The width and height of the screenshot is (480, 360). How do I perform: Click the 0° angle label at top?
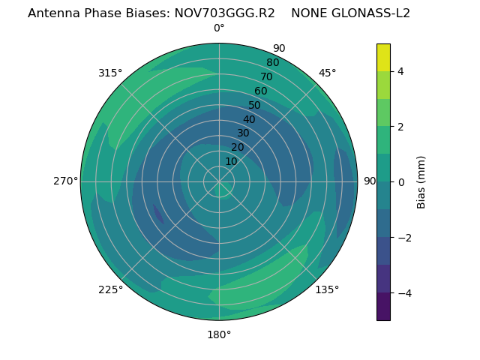pyautogui.click(x=219, y=28)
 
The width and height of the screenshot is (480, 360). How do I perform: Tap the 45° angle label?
pyautogui.click(x=328, y=73)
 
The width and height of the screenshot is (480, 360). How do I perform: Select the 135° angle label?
pyautogui.click(x=327, y=289)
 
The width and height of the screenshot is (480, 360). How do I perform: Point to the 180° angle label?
pyautogui.click(x=219, y=334)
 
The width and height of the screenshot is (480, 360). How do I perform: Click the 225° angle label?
pyautogui.click(x=110, y=289)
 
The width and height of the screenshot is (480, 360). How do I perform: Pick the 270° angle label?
pyautogui.click(x=65, y=181)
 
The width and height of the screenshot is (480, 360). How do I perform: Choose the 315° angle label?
pyautogui.click(x=110, y=73)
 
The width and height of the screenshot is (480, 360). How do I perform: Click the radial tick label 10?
pyautogui.click(x=231, y=161)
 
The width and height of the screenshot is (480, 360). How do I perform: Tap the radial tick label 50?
pyautogui.click(x=255, y=105)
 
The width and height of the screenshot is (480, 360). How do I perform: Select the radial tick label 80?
pyautogui.click(x=272, y=62)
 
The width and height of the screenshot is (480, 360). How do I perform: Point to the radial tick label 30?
pyautogui.click(x=243, y=133)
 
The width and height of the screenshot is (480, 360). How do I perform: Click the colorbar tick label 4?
pyautogui.click(x=401, y=71)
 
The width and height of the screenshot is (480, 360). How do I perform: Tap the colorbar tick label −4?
pyautogui.click(x=401, y=293)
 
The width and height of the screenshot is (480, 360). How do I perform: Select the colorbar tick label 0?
pyautogui.click(x=401, y=182)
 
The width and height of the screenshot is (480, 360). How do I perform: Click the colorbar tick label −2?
pyautogui.click(x=401, y=238)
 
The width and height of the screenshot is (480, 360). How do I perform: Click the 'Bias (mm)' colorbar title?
pyautogui.click(x=421, y=182)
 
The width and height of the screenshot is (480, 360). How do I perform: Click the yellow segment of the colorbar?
pyautogui.click(x=383, y=57)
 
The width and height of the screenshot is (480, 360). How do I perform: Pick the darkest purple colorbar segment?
pyautogui.click(x=383, y=307)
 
